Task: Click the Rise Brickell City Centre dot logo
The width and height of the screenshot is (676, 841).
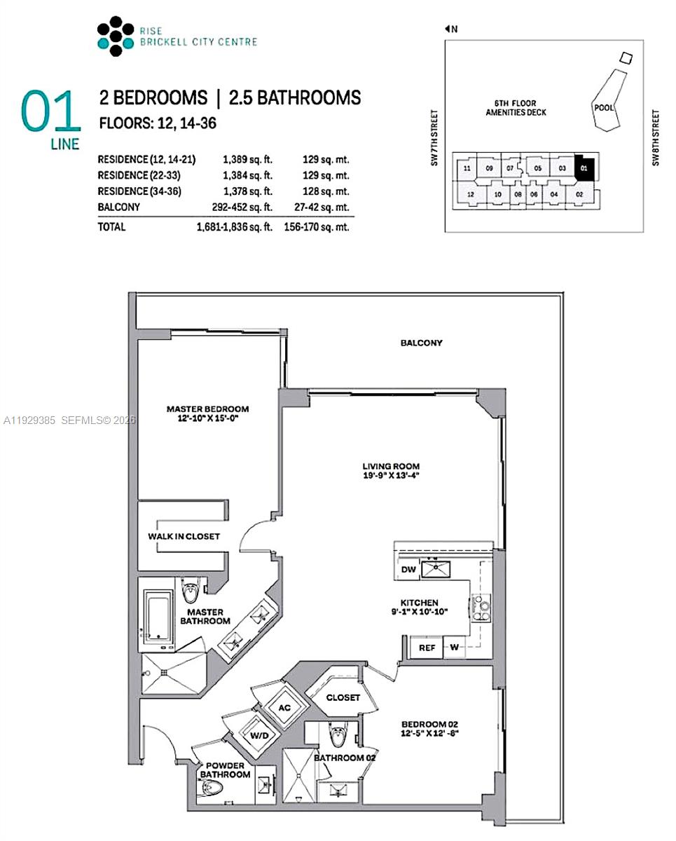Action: point(115,36)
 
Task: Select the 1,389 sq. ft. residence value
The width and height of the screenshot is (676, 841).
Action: point(242,160)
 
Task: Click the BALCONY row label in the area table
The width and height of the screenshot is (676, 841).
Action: point(118,207)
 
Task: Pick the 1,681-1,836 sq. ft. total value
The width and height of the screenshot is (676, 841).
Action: point(234,227)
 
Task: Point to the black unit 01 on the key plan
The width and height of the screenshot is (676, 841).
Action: point(584,168)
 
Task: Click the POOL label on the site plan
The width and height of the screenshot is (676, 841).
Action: point(604,108)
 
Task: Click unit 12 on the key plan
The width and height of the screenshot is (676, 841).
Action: point(471,194)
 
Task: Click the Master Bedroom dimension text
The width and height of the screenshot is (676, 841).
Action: point(207,420)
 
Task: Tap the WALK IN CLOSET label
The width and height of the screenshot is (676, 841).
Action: point(184,536)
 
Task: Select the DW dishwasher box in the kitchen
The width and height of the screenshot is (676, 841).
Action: point(410,570)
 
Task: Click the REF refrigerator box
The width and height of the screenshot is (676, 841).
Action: point(427,648)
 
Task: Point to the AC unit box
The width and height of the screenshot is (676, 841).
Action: point(285,708)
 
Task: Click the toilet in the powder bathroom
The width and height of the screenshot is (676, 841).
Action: point(212,788)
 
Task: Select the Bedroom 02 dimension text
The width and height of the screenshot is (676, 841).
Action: point(429,734)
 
